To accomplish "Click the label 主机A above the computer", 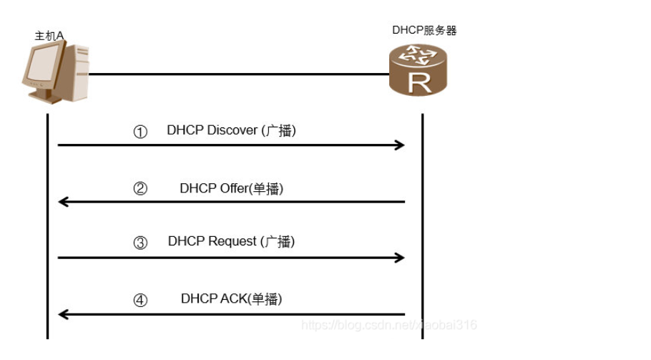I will coord(49,35).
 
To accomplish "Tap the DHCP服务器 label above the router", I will coord(424,30).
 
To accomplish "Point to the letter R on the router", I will coord(421,82).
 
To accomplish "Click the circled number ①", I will coord(140,132).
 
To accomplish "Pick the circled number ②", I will coord(141,189).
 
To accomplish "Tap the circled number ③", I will coord(140,243).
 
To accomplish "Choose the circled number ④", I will coord(141,300).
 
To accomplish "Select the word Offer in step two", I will coord(230,188).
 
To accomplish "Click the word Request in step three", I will coord(233,242).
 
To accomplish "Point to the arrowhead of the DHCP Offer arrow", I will coord(63,202).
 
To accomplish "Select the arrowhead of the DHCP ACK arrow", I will coord(63,314).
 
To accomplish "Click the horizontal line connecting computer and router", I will coord(236,74).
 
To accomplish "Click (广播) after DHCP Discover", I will coord(280,131).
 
